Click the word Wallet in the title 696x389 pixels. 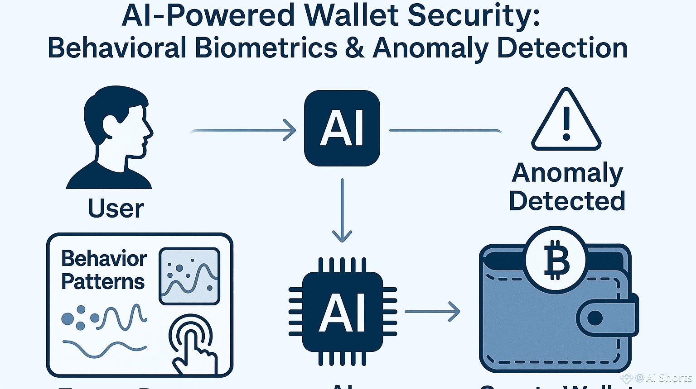pyautogui.click(x=351, y=15)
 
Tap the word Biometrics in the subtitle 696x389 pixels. pyautogui.click(x=266, y=48)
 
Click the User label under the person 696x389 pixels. pyautogui.click(x=116, y=209)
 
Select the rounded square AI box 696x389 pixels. pyautogui.click(x=342, y=128)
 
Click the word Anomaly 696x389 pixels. pyautogui.click(x=568, y=173)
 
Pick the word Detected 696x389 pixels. pyautogui.click(x=567, y=201)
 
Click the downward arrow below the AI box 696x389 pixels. pyautogui.click(x=342, y=210)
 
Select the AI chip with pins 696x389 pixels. pyautogui.click(x=343, y=312)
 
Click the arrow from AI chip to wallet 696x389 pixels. pyautogui.click(x=432, y=311)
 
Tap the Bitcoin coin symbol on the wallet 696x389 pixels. pyautogui.click(x=556, y=261)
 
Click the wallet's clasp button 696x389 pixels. pyautogui.click(x=595, y=318)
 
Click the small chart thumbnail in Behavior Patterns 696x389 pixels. pyautogui.click(x=189, y=276)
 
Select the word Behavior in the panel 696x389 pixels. pyautogui.click(x=104, y=259)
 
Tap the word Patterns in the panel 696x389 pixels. pyautogui.click(x=103, y=282)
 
